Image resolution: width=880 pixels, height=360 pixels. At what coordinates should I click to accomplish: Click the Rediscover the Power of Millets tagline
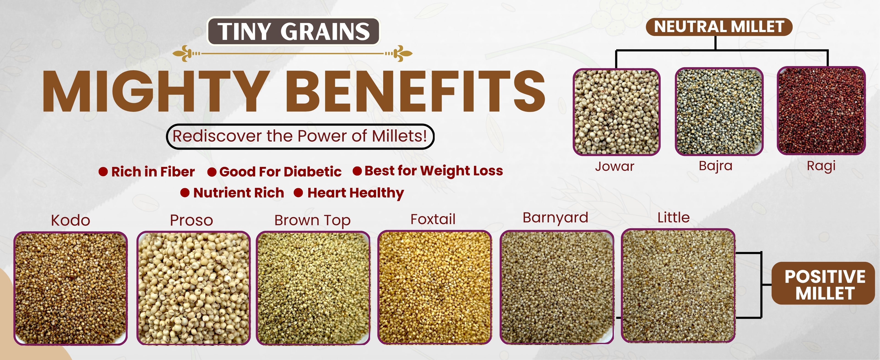(x=300, y=136)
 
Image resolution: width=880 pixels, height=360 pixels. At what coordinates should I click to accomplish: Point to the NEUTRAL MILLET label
(x=719, y=27)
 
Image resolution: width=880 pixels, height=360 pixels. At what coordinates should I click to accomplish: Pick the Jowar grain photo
(x=617, y=112)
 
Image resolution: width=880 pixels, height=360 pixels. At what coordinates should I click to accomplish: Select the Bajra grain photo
(x=719, y=112)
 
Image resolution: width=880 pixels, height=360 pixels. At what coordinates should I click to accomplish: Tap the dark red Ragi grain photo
(x=821, y=111)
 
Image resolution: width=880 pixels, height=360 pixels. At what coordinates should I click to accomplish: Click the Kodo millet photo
(x=70, y=289)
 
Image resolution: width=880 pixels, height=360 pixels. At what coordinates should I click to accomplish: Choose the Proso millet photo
(x=193, y=288)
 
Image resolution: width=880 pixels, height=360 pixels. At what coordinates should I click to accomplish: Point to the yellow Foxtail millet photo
(x=434, y=288)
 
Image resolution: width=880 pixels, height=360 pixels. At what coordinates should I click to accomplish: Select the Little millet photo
(x=678, y=286)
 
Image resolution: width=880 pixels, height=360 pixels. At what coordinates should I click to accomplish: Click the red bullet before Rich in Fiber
(x=103, y=171)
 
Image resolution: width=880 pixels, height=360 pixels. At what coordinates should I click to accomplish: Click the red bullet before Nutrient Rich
(x=185, y=193)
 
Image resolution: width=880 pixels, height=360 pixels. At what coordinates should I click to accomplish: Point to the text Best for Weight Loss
(x=434, y=171)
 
